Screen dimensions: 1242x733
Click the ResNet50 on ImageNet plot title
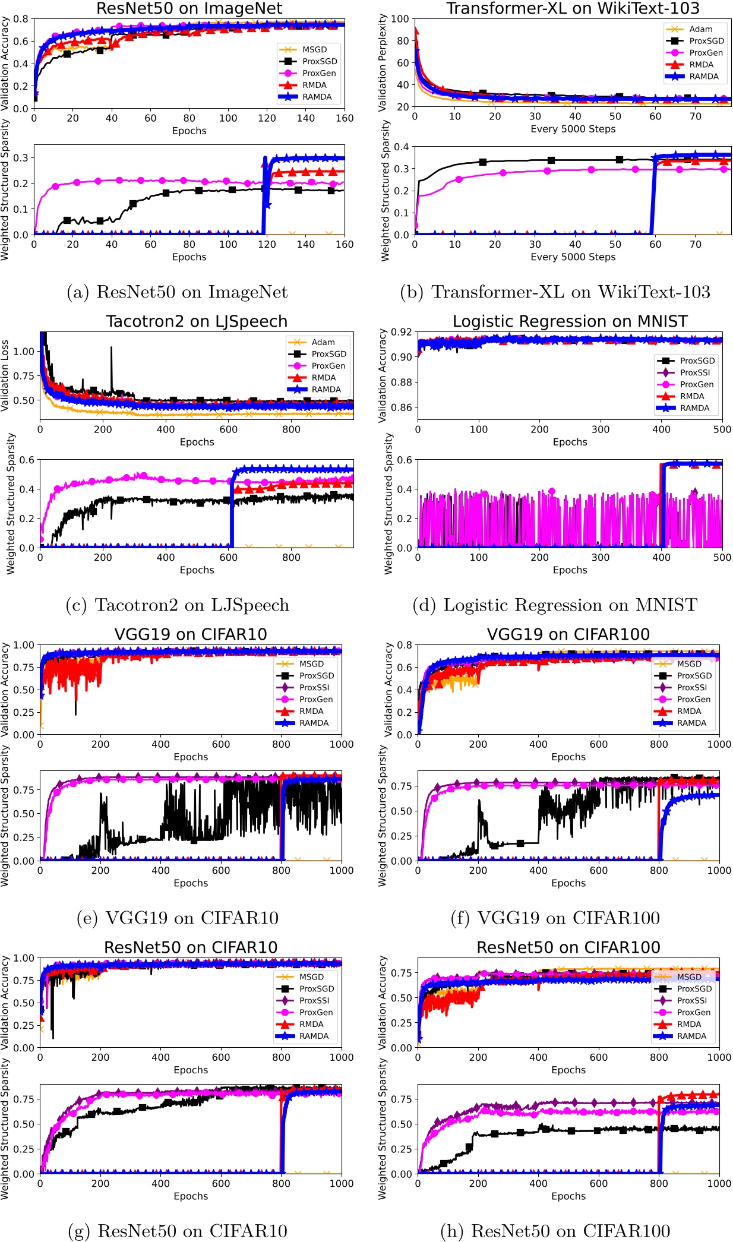pyautogui.click(x=189, y=8)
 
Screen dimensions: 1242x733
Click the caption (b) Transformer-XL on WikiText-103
pyautogui.click(x=555, y=292)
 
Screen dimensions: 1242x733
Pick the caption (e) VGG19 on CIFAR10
pyautogui.click(x=178, y=918)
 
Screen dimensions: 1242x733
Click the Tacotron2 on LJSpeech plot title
pyautogui.click(x=197, y=321)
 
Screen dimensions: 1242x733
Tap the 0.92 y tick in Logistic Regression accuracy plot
pyautogui.click(x=402, y=332)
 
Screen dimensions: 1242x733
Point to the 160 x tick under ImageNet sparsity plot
pyautogui.click(x=345, y=244)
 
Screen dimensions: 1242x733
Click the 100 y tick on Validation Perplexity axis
pyautogui.click(x=400, y=19)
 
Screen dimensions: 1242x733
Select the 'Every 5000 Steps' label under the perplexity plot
pyautogui.click(x=573, y=129)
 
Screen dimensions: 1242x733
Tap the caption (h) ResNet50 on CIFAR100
pyautogui.click(x=555, y=1231)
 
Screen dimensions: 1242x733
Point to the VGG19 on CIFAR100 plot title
pyautogui.click(x=568, y=634)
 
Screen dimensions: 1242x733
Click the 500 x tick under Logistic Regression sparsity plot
pyautogui.click(x=722, y=557)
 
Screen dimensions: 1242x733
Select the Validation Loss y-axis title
pyautogui.click(x=5, y=375)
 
